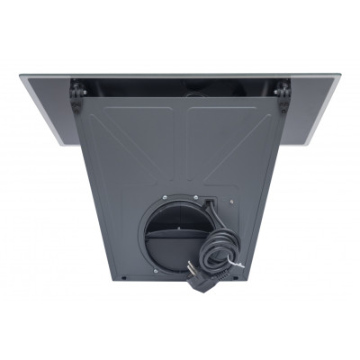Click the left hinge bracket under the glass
tap(77, 94)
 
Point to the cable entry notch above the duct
tap(209, 202)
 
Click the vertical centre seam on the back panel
tap(181, 144)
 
